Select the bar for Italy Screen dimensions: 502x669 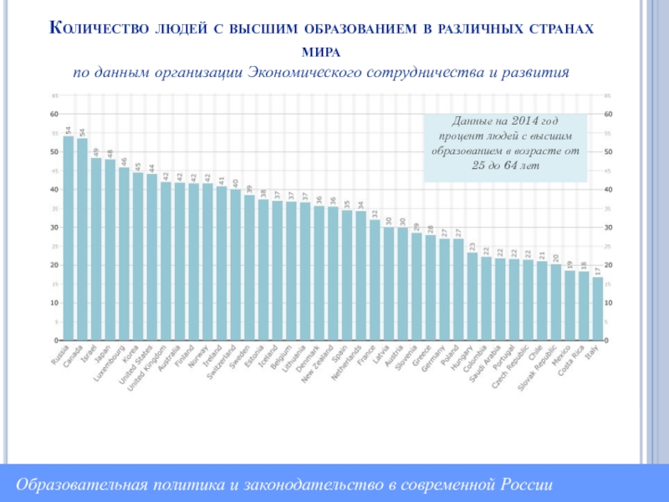597,309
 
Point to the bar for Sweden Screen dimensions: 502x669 249,268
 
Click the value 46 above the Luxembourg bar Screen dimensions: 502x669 124,161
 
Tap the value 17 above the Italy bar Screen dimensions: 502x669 597,271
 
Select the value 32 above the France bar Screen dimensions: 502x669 375,213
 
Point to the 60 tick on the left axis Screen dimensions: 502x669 54,114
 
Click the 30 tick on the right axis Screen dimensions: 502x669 608,228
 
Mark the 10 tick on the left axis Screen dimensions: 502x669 54,303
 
